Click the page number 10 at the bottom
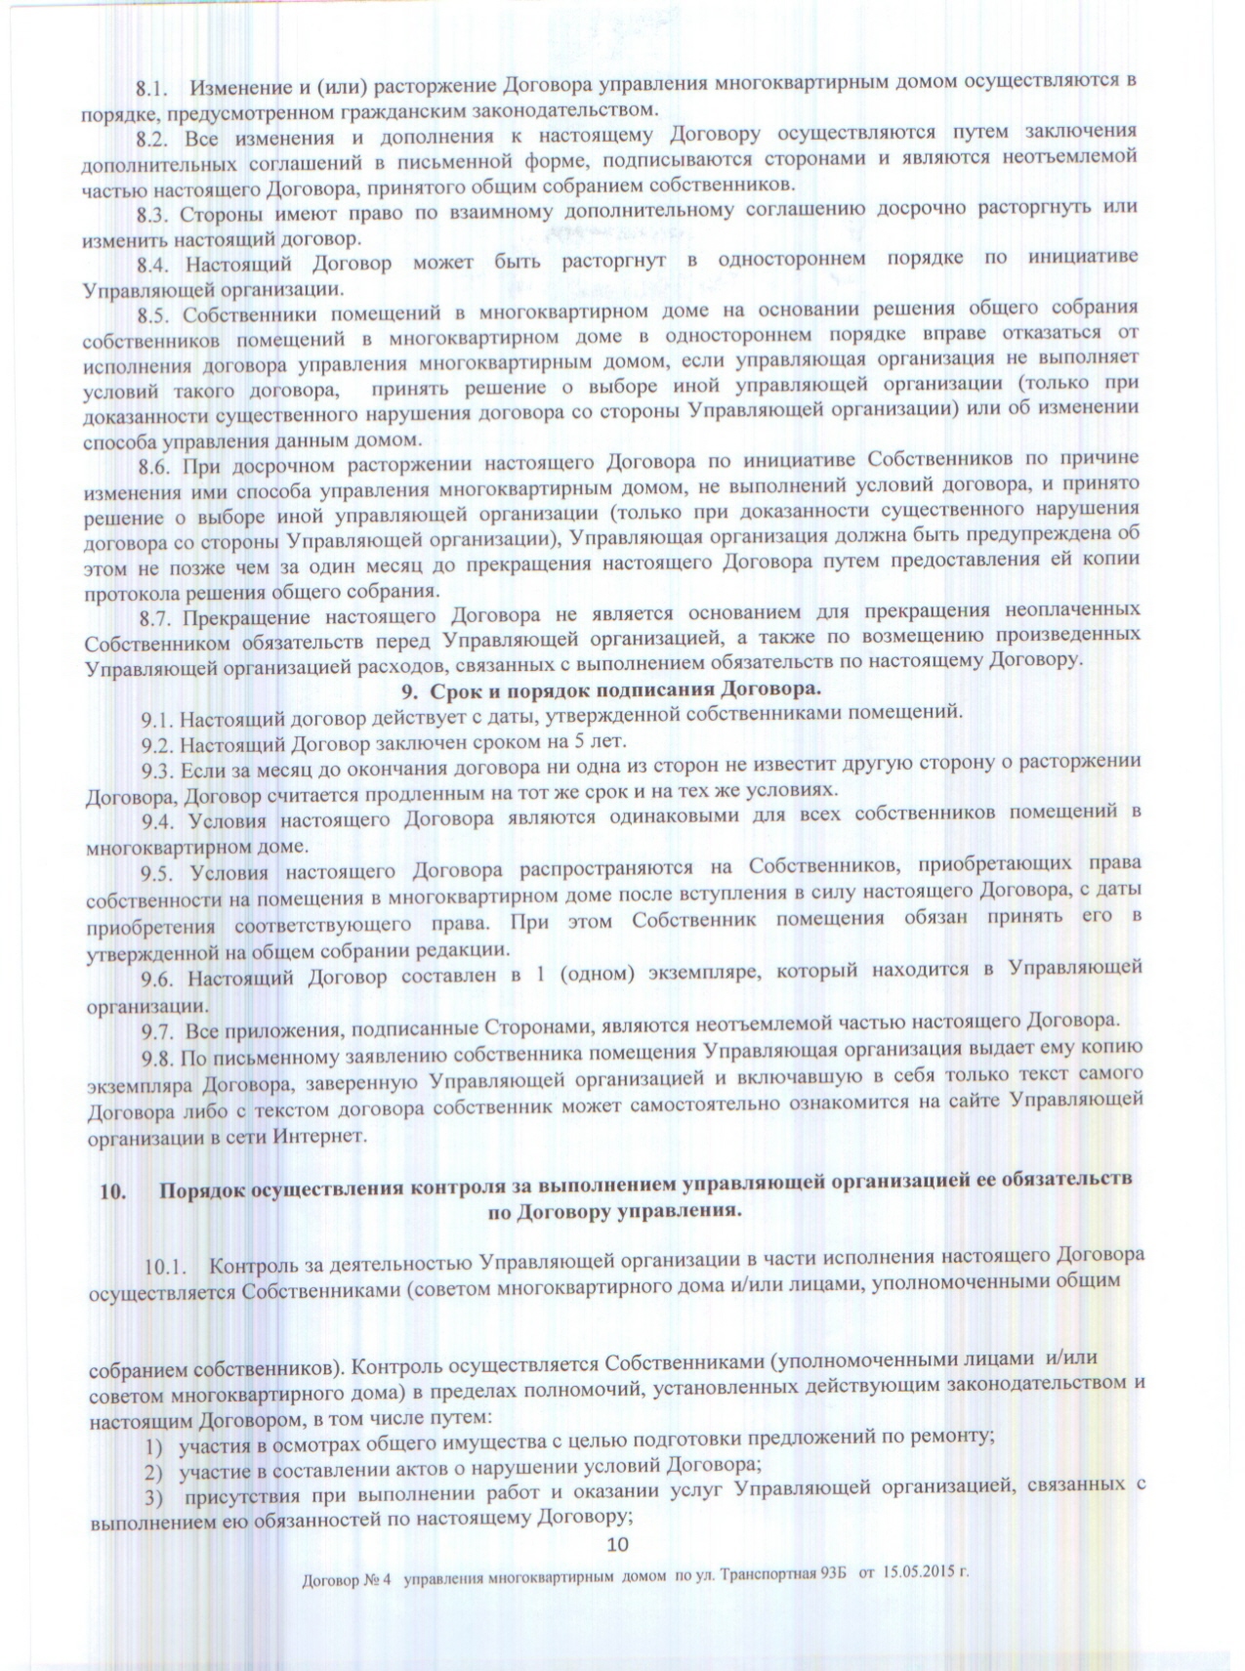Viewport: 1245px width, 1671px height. tap(617, 1544)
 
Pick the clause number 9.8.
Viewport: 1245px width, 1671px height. tap(158, 1059)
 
